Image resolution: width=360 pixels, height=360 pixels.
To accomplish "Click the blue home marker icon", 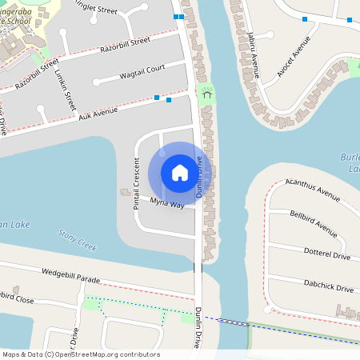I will (x=180, y=172).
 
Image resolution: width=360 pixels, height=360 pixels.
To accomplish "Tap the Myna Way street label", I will (x=168, y=206).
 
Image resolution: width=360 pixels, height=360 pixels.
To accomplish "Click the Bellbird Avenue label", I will (x=314, y=223).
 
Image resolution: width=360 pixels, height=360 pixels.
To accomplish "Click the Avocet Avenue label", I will (x=300, y=61).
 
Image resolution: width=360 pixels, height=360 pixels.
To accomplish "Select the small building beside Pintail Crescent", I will (x=125, y=192).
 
